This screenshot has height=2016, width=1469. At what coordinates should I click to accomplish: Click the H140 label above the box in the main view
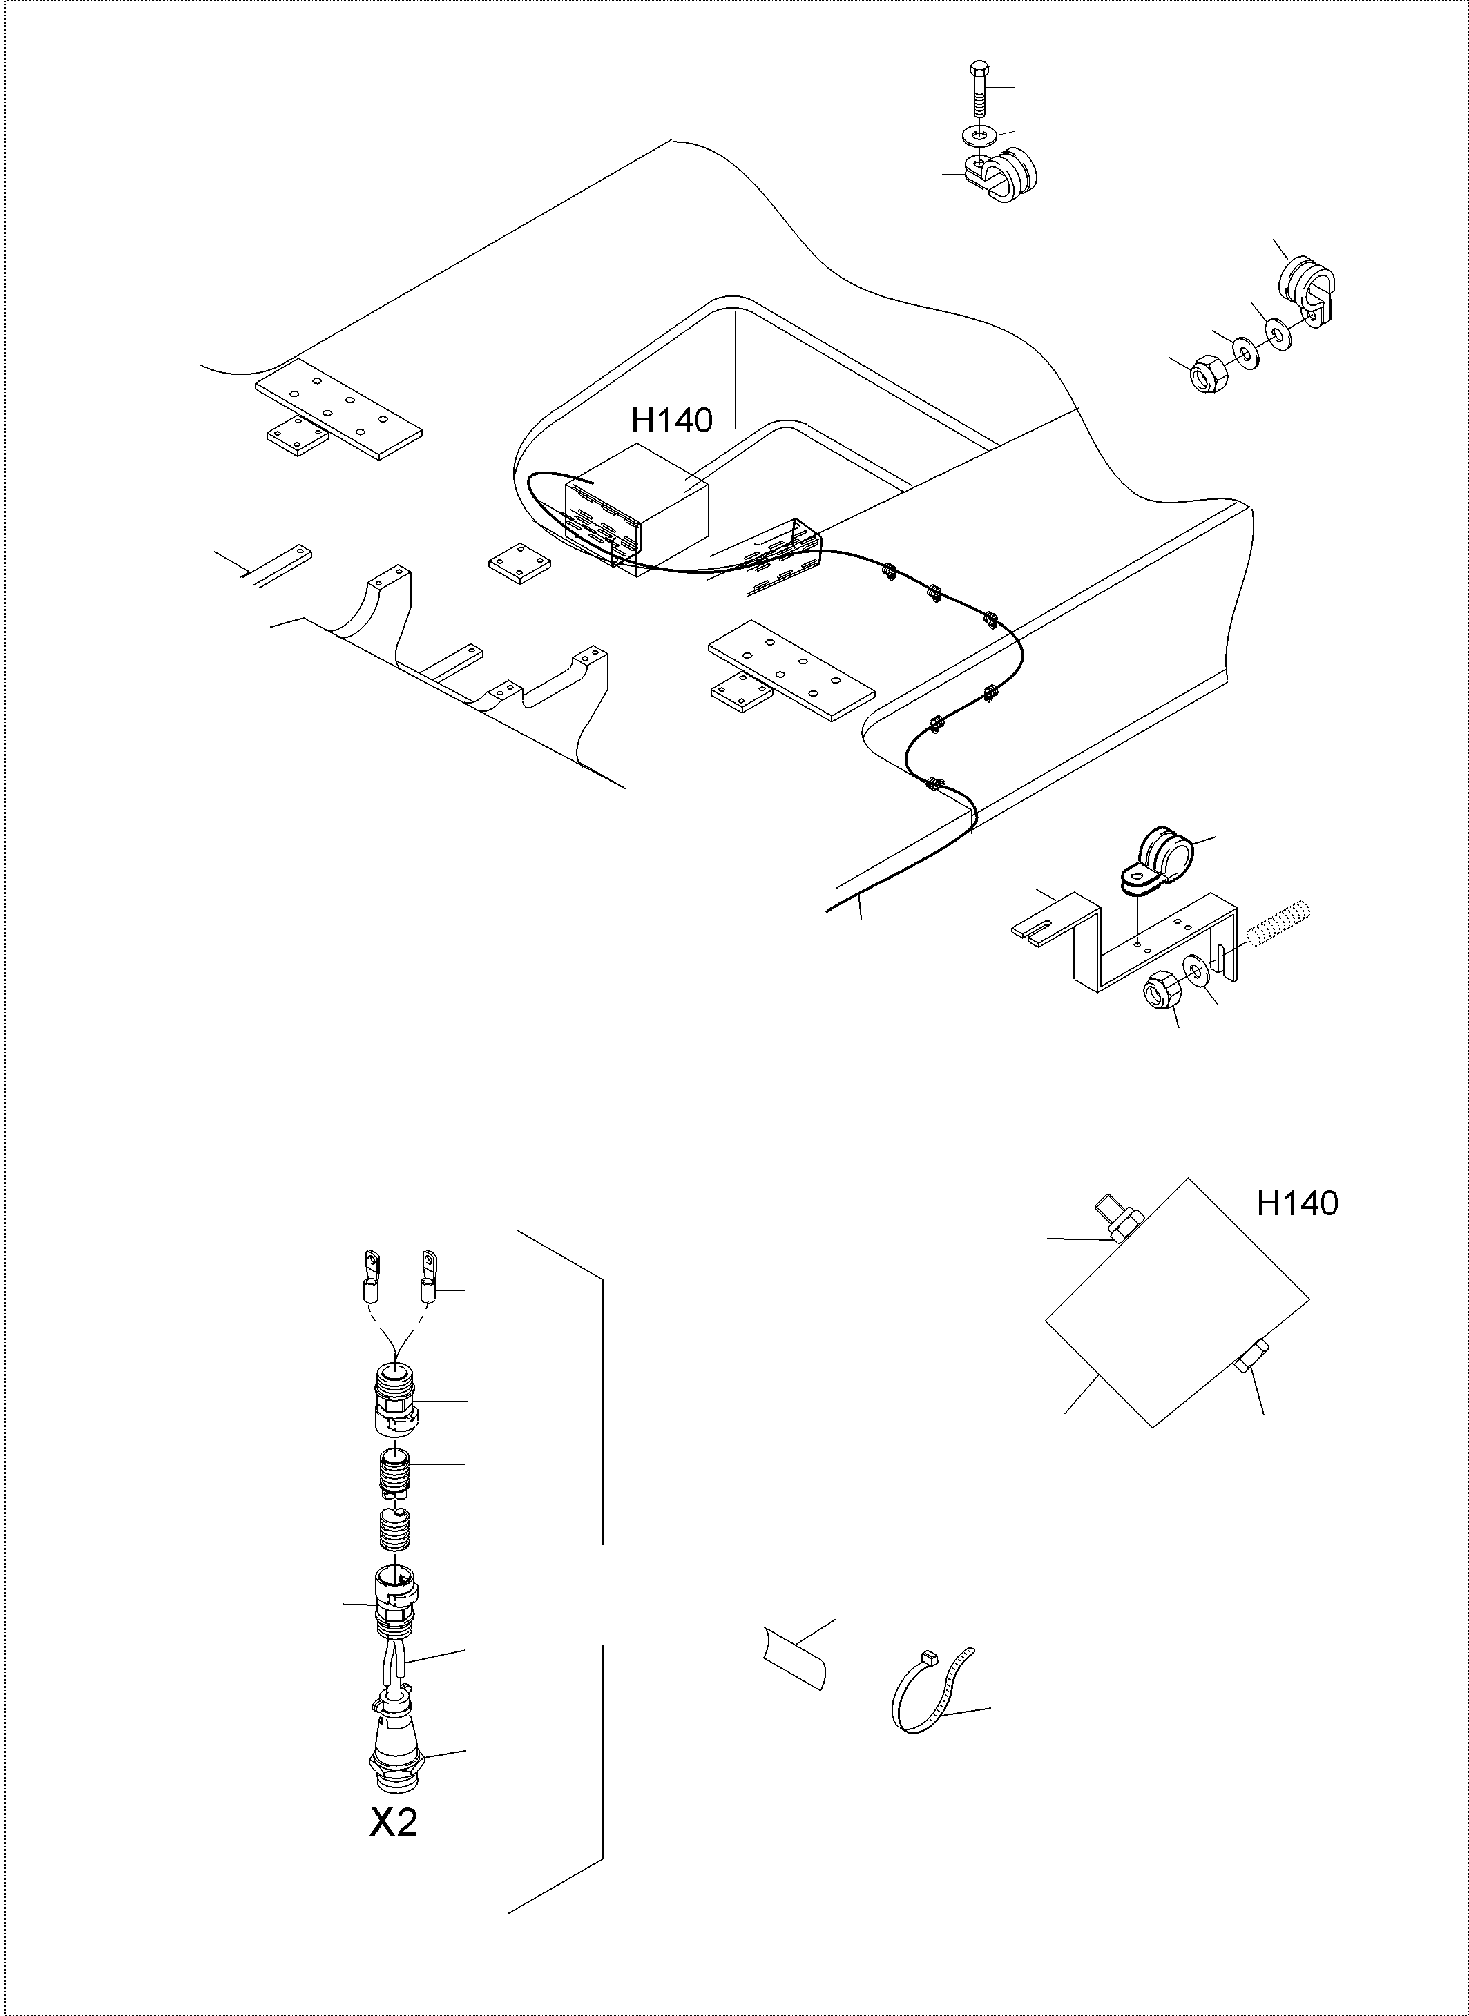tap(672, 420)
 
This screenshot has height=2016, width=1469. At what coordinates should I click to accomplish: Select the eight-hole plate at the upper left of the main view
tap(338, 408)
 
